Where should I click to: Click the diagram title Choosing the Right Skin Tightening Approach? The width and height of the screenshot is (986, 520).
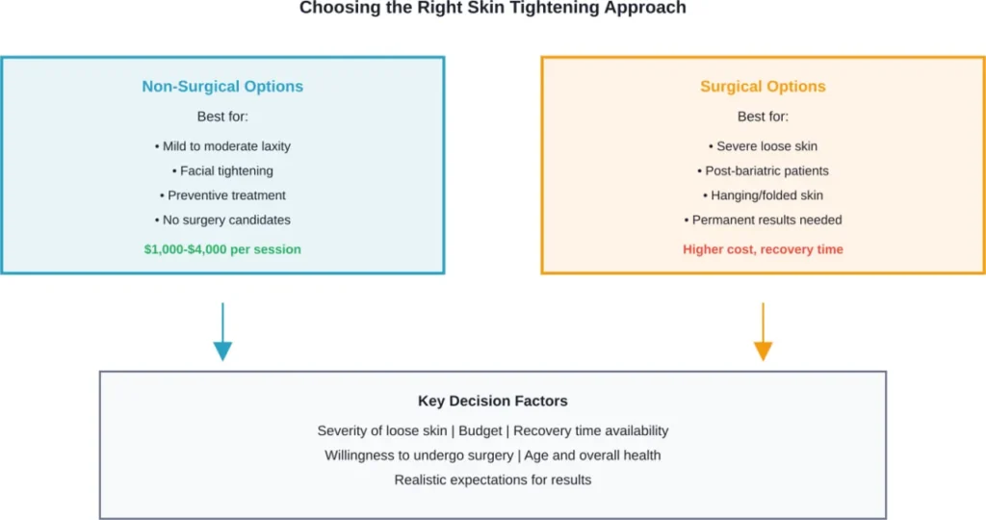[x=492, y=8]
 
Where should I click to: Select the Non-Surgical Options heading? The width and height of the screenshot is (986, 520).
[x=222, y=87]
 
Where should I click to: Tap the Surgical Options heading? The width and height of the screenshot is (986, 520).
[x=763, y=87]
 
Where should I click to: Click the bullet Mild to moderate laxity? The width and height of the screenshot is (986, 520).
[x=222, y=146]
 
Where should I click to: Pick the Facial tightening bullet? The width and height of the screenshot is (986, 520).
[x=222, y=170]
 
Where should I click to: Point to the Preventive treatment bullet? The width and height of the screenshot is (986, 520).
[x=222, y=195]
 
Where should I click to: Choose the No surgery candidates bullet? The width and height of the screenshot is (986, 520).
[x=222, y=220]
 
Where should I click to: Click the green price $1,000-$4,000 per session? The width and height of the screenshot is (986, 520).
[x=222, y=249]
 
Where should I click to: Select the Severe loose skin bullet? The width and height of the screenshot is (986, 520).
[x=763, y=146]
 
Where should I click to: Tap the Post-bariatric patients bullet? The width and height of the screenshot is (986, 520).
[x=763, y=170]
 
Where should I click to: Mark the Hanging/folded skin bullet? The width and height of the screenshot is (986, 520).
[x=763, y=195]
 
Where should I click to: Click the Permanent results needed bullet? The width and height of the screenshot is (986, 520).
[x=763, y=220]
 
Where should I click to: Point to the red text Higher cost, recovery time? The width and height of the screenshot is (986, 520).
[x=763, y=249]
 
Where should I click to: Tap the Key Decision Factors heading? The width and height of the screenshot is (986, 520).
[x=492, y=401]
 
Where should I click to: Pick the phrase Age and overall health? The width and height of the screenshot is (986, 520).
[x=592, y=455]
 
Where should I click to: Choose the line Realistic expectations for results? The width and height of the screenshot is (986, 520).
[x=492, y=480]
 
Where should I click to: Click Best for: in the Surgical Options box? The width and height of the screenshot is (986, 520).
[x=763, y=117]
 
